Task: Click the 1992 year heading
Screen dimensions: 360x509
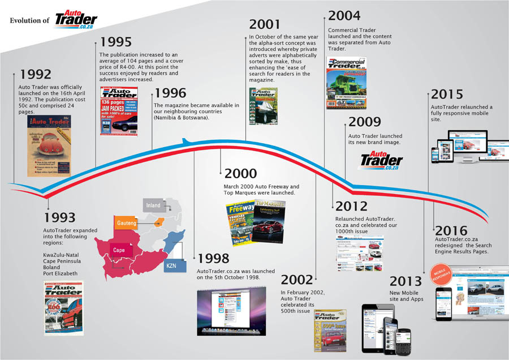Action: (36, 74)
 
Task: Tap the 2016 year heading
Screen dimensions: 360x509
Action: (451, 231)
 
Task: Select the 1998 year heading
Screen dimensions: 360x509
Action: (213, 259)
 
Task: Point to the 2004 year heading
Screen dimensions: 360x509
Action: (344, 16)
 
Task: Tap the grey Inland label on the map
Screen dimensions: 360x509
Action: (153, 205)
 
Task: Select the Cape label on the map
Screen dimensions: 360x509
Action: (119, 249)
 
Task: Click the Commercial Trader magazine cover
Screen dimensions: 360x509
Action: (346, 83)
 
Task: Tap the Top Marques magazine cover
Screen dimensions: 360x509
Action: (269, 221)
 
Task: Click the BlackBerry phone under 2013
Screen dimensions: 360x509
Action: (406, 340)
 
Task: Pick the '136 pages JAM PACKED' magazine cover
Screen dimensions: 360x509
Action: (119, 111)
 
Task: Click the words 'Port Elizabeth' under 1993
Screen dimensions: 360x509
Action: (62, 273)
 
